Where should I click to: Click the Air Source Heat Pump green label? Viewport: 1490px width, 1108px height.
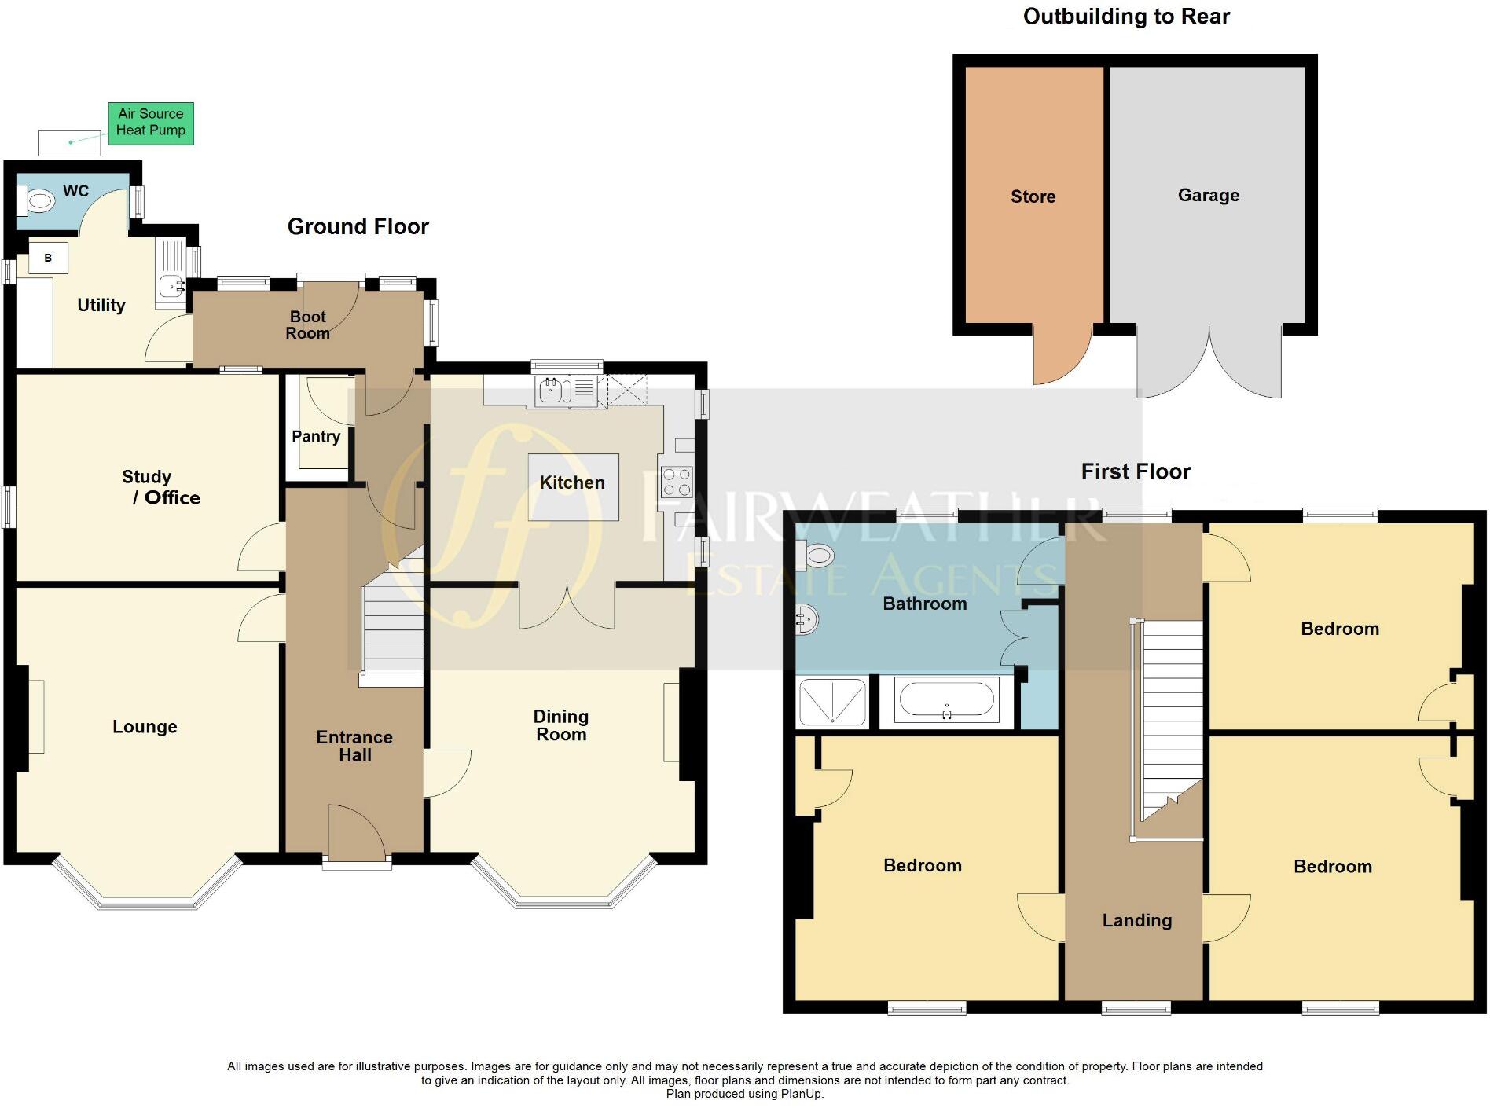(x=150, y=123)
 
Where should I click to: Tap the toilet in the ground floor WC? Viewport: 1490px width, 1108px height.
(x=37, y=200)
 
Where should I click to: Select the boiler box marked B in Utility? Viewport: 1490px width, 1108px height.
(x=48, y=258)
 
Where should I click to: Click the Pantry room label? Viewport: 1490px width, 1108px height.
(x=316, y=436)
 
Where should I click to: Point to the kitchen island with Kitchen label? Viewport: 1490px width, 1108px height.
(x=573, y=486)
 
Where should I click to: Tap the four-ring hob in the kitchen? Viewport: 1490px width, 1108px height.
(x=677, y=482)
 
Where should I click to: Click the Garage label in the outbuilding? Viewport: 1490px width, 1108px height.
(x=1208, y=195)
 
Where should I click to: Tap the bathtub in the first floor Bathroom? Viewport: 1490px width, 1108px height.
(x=946, y=699)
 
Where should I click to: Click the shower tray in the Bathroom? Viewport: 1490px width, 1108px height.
(x=832, y=702)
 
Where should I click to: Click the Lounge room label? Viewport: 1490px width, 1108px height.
(x=145, y=727)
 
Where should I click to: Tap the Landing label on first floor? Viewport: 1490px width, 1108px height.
(x=1136, y=920)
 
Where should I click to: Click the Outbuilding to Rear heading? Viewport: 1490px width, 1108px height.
(x=1125, y=17)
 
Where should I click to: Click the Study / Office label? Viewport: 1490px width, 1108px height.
(x=162, y=487)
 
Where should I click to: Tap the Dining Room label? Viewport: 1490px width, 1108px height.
(x=560, y=725)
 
